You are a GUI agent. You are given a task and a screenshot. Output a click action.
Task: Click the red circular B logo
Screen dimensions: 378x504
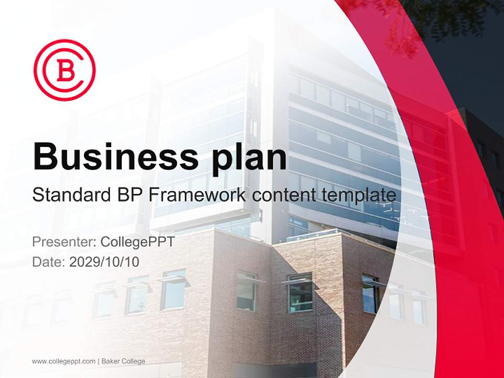pos(64,70)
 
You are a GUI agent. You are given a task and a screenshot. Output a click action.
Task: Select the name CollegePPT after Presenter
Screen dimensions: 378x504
pos(137,242)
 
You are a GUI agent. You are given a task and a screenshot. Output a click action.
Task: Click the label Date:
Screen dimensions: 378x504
pos(49,261)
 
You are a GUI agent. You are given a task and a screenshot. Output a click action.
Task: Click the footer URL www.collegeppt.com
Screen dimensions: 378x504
pos(64,361)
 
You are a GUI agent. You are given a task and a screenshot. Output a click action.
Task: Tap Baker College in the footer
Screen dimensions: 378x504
pos(123,361)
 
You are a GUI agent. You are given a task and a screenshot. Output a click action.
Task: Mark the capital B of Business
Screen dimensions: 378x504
pos(46,156)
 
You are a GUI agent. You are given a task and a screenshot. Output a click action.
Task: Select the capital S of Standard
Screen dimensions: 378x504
pos(38,196)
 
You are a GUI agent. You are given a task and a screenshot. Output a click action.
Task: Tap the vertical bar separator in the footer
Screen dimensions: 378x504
pos(99,361)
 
